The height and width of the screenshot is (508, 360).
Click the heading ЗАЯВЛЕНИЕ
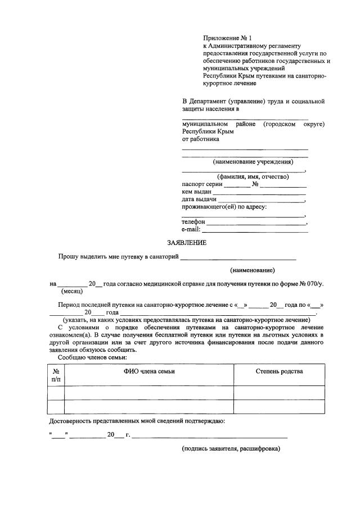point(187,243)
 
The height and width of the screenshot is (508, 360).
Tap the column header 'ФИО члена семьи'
point(149,372)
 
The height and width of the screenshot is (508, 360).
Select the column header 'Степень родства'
point(279,372)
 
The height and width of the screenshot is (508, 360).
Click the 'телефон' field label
point(193,222)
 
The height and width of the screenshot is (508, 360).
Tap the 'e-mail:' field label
point(191,230)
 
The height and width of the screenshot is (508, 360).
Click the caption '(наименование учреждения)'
point(253,162)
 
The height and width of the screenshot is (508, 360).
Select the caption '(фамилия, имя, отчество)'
point(245,176)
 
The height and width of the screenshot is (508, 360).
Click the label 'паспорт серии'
point(202,184)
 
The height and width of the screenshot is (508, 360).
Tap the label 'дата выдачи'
point(199,199)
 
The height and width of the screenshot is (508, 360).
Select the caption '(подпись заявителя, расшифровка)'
point(231,449)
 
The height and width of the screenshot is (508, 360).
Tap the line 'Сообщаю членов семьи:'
point(93,357)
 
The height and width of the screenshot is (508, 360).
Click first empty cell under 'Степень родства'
point(279,392)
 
